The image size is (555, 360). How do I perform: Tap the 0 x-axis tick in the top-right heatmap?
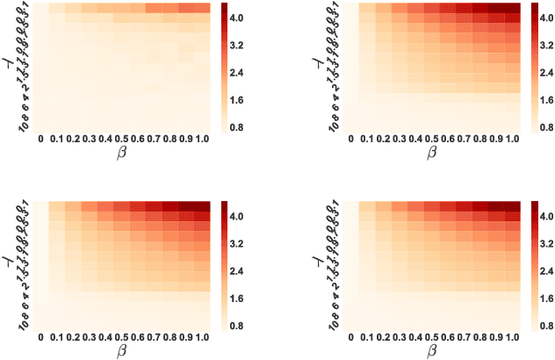point(350,140)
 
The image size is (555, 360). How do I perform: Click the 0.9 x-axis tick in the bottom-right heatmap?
point(496,337)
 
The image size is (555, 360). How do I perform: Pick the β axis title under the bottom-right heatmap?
point(431,350)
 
